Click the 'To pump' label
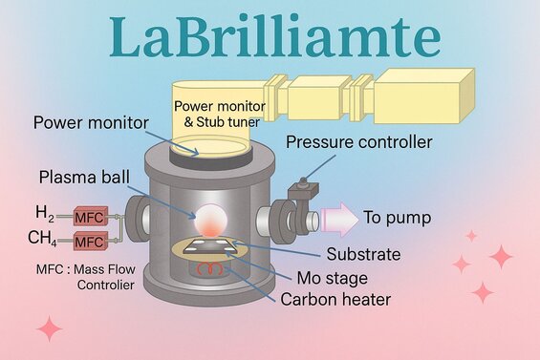point(396,219)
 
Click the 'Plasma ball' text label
point(85,178)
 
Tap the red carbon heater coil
point(205,270)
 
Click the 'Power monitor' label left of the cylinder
point(90,123)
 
